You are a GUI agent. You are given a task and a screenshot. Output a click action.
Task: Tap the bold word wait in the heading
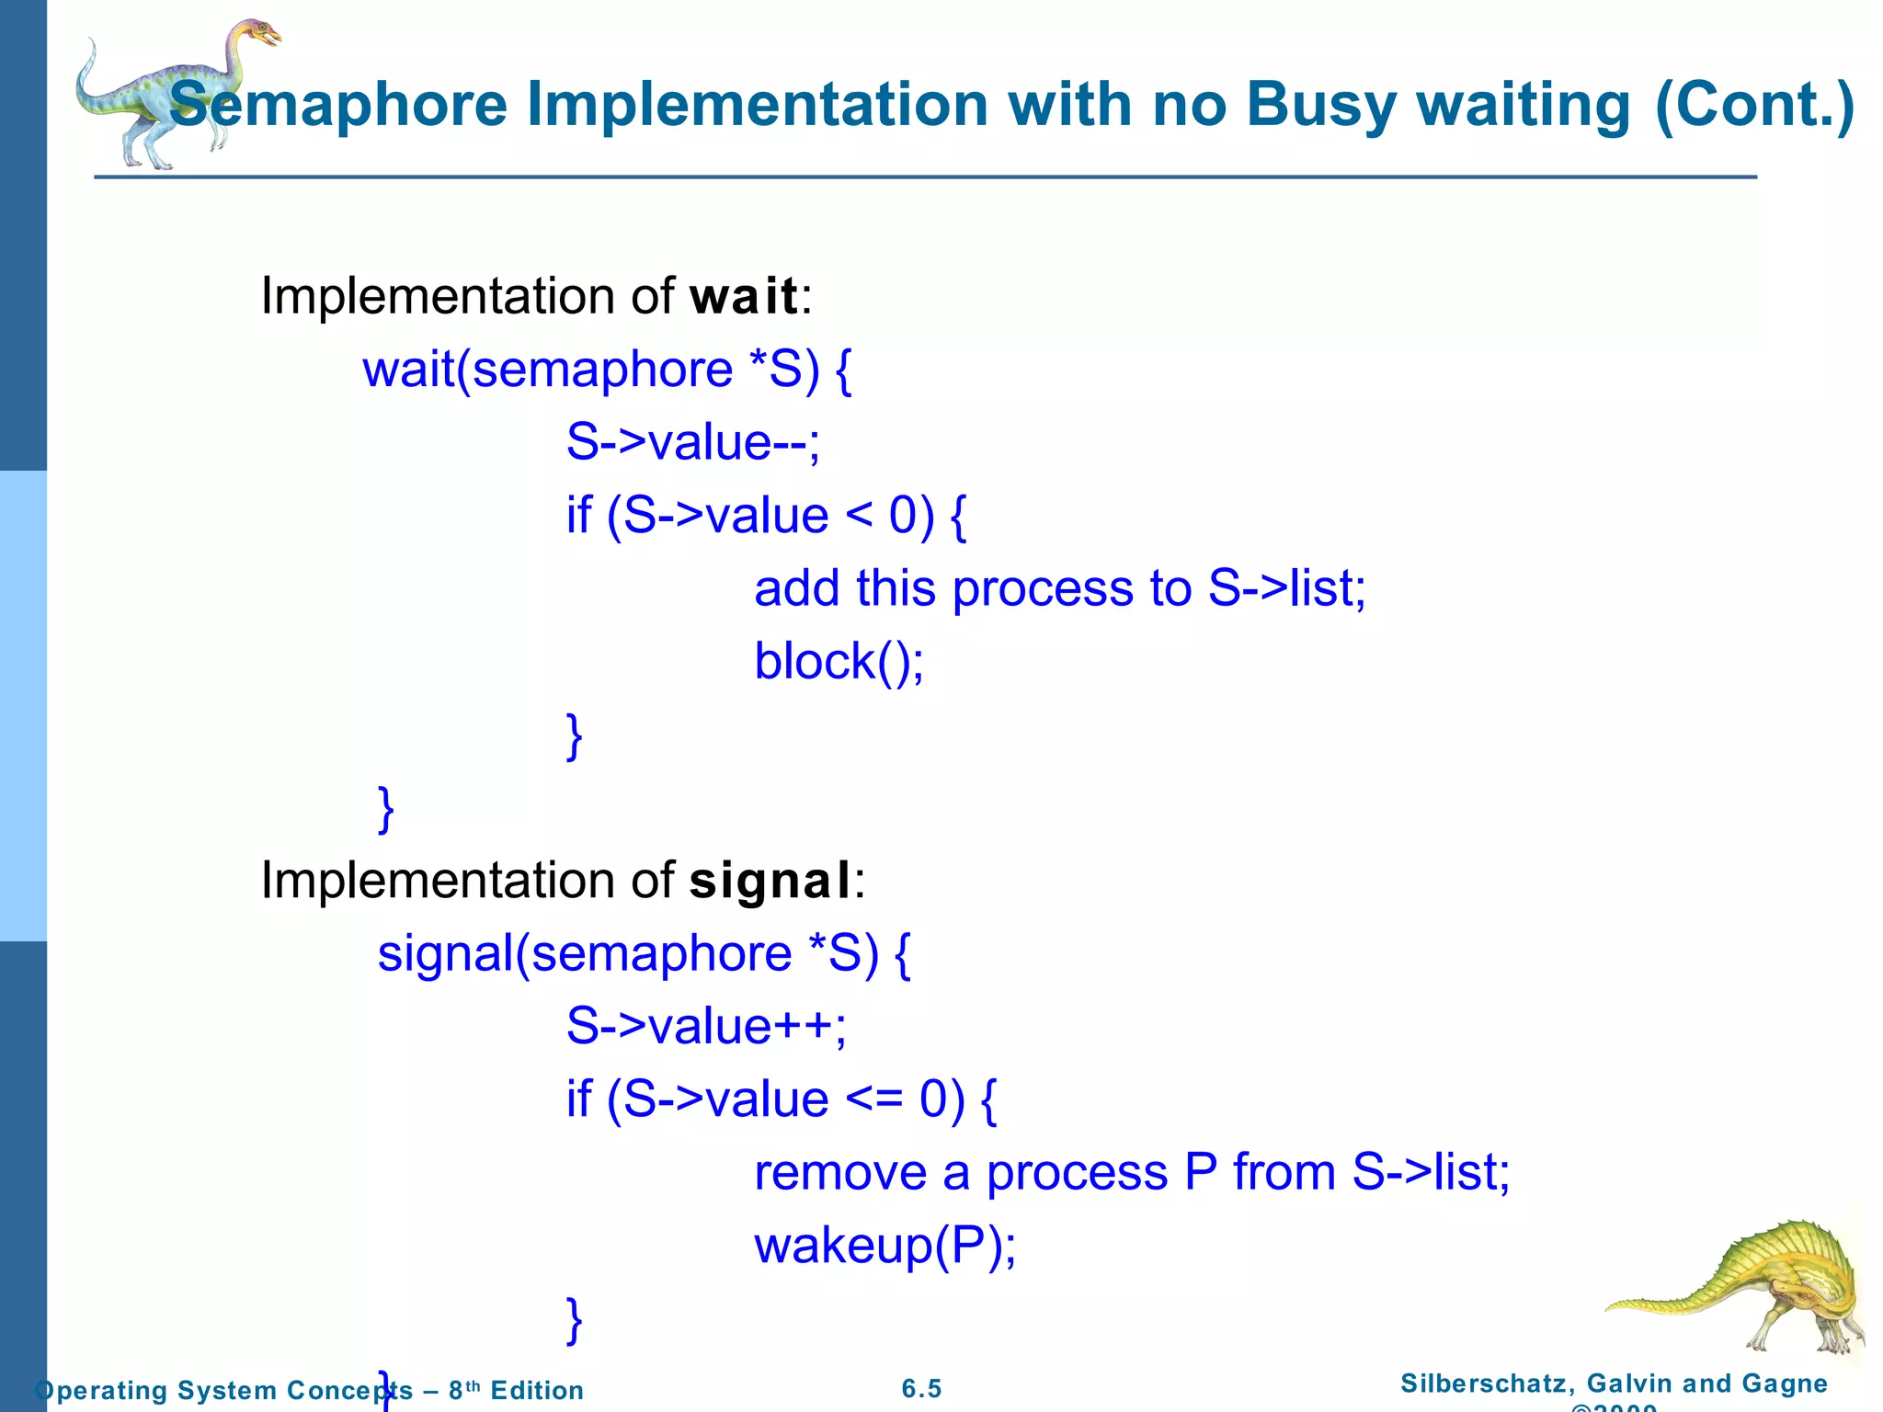744,297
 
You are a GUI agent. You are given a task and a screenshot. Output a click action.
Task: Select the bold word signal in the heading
770,882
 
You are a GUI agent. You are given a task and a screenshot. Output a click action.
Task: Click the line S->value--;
692,442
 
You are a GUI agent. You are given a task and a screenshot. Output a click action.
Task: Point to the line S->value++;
705,1026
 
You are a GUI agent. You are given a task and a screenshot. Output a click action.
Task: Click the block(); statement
839,661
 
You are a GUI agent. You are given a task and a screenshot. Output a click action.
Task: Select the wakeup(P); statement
884,1246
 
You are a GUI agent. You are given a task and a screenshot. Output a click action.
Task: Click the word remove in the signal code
840,1173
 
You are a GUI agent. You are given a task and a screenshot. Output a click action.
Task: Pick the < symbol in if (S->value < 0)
858,515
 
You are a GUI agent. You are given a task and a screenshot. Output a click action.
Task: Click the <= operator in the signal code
873,1099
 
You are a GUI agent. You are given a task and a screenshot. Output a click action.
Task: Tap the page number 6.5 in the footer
921,1389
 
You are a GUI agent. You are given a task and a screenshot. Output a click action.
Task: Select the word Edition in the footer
537,1390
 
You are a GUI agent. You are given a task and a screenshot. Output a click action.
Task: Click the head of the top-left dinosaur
262,35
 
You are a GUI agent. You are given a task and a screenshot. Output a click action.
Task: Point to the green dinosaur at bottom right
1752,1287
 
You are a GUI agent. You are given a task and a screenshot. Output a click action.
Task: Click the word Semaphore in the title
338,106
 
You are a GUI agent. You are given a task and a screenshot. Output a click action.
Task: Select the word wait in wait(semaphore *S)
408,370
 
